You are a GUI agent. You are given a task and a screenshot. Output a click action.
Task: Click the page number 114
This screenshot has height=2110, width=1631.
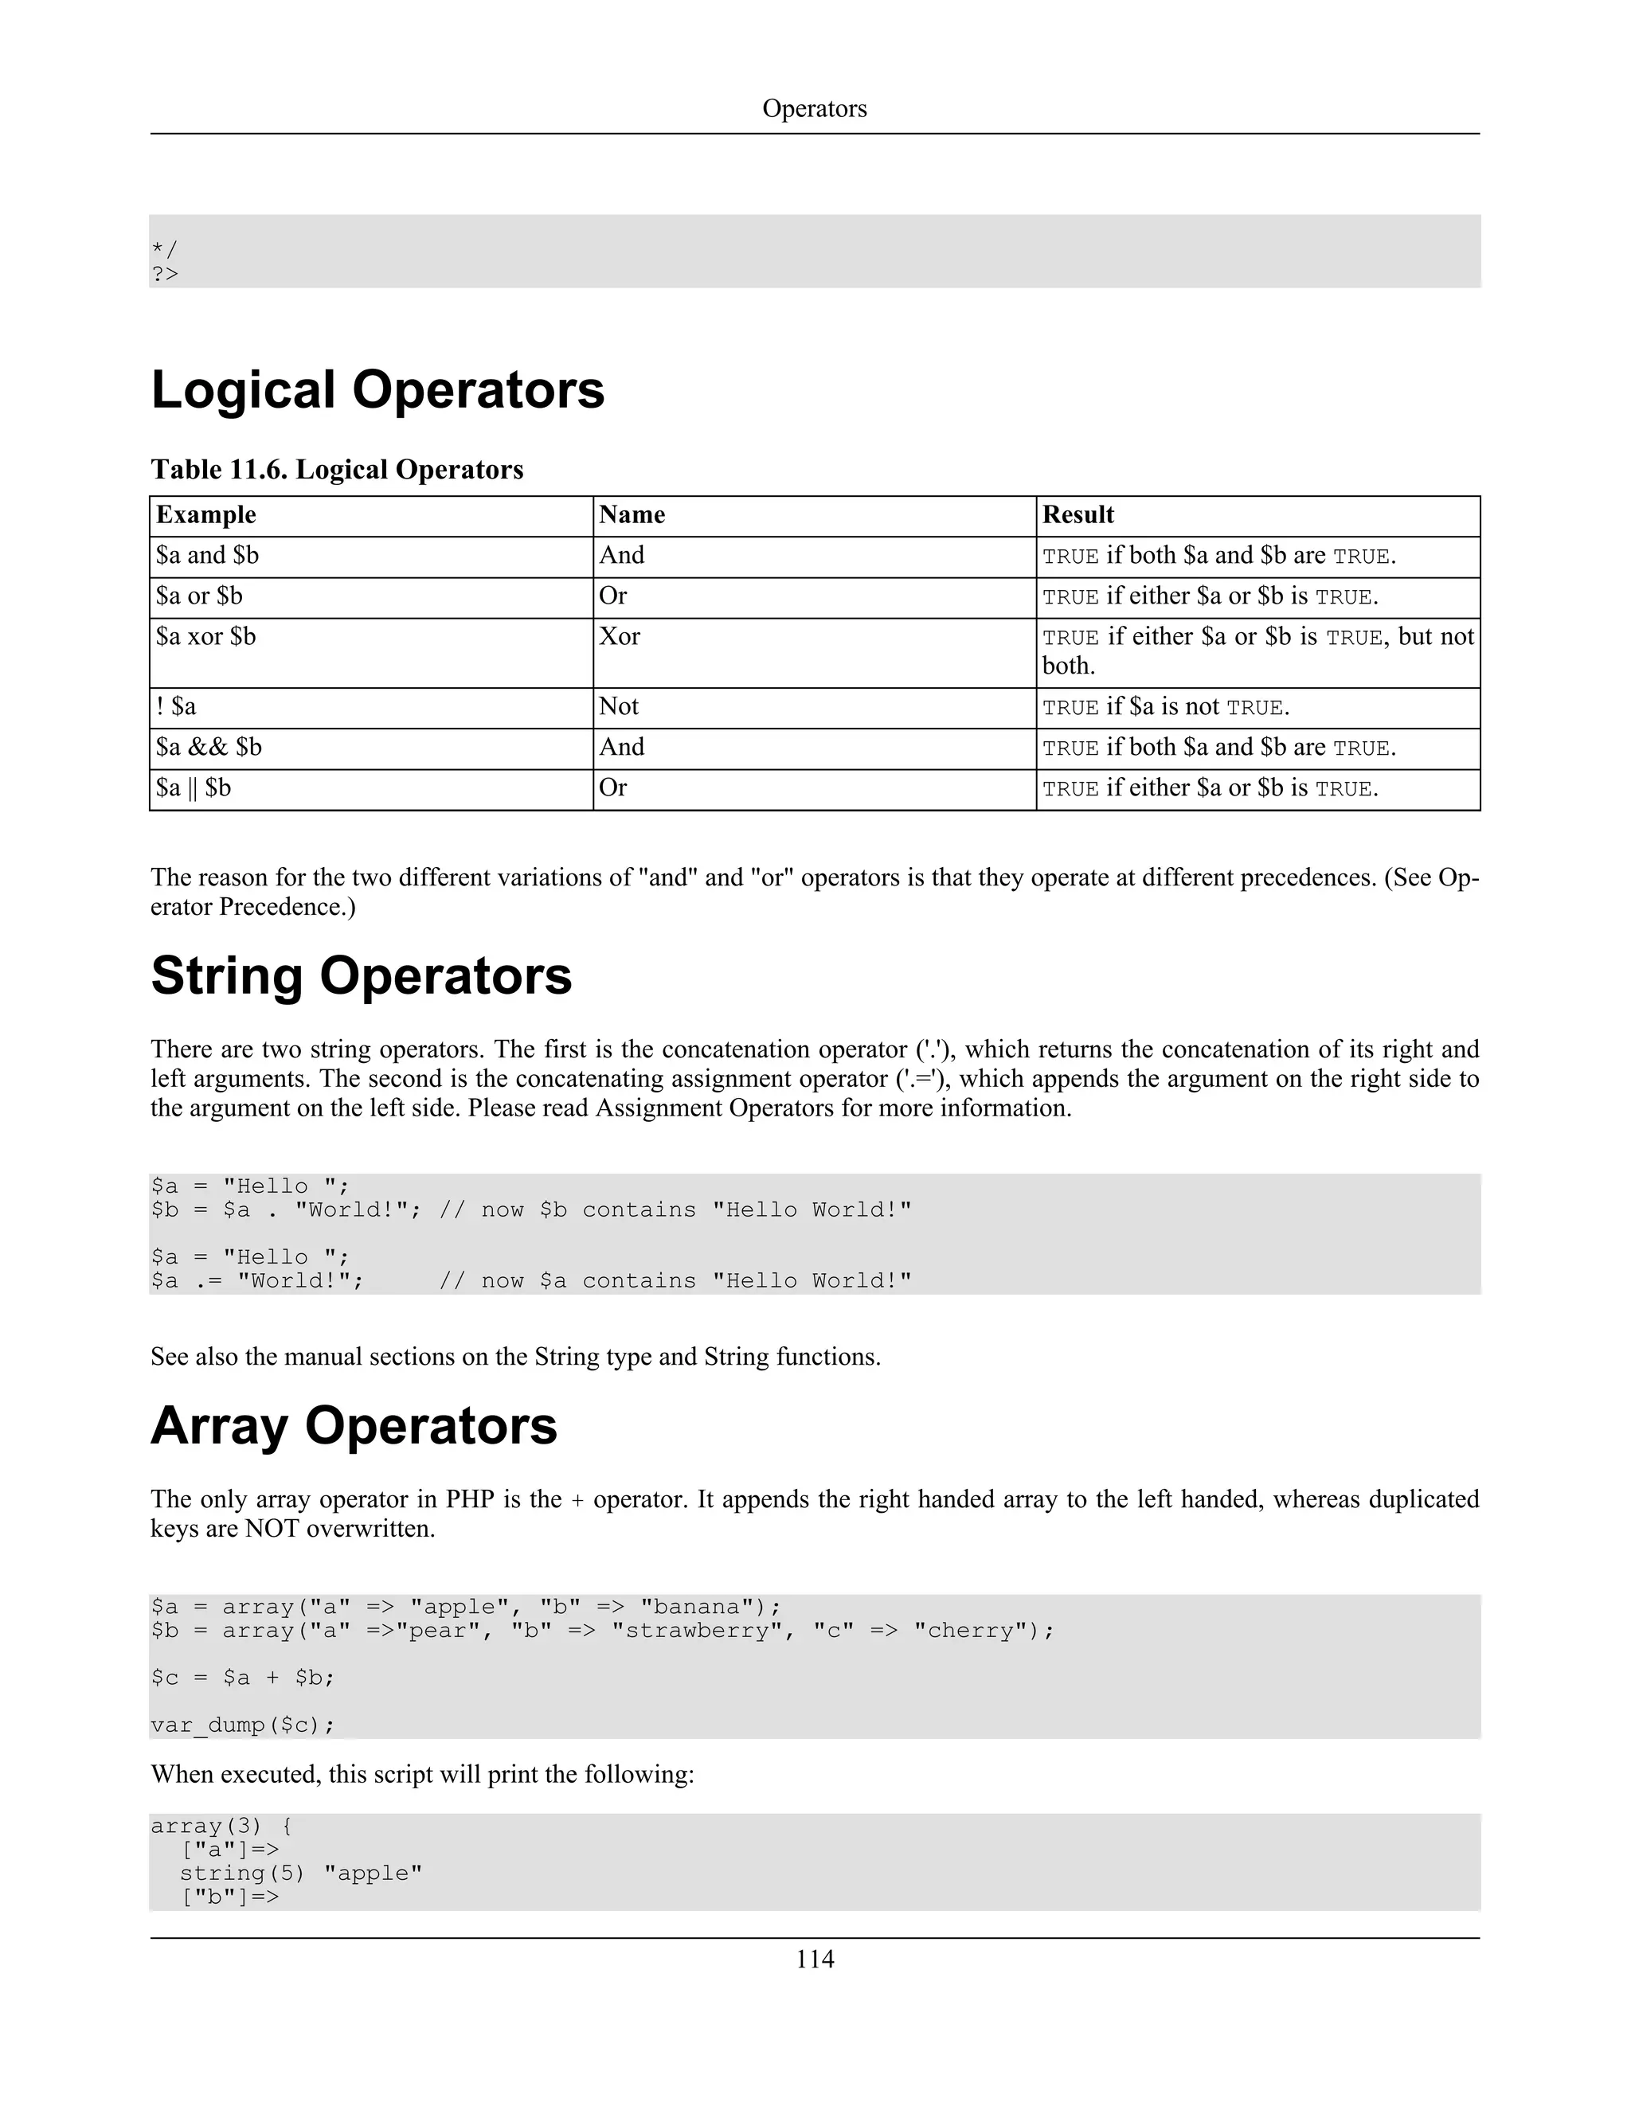pyautogui.click(x=814, y=1959)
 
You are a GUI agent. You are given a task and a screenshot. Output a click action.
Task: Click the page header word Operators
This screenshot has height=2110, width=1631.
pyautogui.click(x=814, y=108)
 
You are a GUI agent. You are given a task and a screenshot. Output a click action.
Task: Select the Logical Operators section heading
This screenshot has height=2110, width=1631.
pyautogui.click(x=377, y=390)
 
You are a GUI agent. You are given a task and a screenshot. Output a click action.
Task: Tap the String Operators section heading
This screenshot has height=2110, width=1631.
pyautogui.click(x=362, y=976)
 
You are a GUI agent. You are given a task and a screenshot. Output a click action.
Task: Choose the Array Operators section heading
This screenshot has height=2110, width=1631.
pyautogui.click(x=354, y=1426)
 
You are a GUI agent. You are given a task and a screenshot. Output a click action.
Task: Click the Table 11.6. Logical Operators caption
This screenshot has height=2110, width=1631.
pyautogui.click(x=336, y=470)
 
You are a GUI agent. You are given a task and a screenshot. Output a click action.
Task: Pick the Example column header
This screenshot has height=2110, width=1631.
pyautogui.click(x=205, y=515)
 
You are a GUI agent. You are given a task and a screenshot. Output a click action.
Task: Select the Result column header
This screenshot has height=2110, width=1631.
pyautogui.click(x=1078, y=515)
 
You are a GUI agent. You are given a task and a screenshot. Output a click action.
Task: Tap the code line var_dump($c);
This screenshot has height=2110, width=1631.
pyautogui.click(x=243, y=1725)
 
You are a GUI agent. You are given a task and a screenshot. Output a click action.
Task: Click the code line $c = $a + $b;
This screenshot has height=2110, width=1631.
pyautogui.click(x=243, y=1678)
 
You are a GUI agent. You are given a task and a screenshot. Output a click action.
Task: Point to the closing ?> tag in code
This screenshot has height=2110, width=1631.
pyautogui.click(x=165, y=275)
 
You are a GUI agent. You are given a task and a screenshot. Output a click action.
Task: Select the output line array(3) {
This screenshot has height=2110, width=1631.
pyautogui.click(x=221, y=1826)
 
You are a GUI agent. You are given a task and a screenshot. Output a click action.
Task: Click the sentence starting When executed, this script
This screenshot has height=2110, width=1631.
pyautogui.click(x=422, y=1775)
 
